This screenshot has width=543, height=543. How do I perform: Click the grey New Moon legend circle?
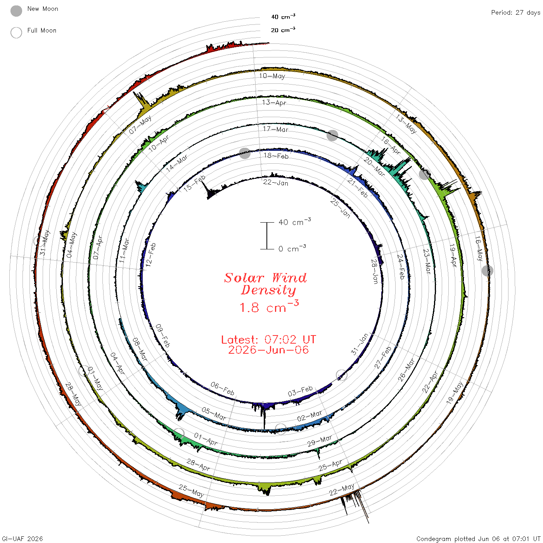coord(16,11)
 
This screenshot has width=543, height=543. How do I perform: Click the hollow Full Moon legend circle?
coord(16,33)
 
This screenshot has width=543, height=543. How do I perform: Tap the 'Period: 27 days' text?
coord(515,13)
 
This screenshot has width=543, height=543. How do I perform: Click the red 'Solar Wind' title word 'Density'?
coord(268,290)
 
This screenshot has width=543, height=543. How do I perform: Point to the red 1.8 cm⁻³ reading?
coord(269,307)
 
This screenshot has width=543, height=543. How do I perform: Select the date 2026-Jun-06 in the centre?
coord(268,350)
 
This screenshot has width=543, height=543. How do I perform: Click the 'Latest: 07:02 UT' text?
coord(268,339)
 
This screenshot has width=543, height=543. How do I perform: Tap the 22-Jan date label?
coord(276,183)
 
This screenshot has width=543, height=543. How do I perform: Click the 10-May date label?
coord(272,76)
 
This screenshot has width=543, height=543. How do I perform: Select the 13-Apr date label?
coord(274,102)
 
